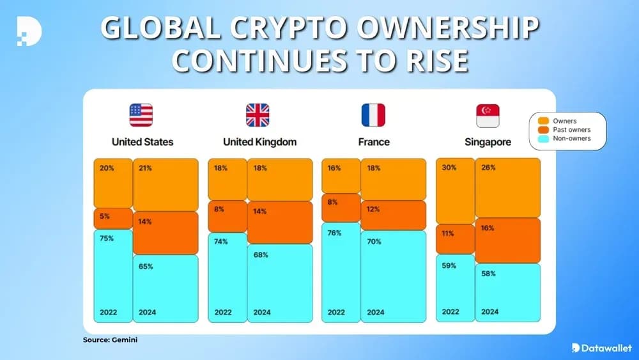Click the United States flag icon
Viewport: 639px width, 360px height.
(x=142, y=115)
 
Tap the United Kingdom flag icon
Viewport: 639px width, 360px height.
(x=258, y=115)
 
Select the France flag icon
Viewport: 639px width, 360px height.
(x=373, y=115)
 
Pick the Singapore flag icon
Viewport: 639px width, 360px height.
(x=488, y=115)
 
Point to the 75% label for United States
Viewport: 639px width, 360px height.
(x=107, y=238)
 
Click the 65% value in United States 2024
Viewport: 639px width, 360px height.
(x=146, y=266)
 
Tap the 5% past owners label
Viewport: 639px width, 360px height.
(x=105, y=216)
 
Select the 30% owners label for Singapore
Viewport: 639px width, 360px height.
(x=449, y=168)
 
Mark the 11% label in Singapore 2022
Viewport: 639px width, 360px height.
(x=448, y=233)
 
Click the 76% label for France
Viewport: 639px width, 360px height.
(x=334, y=233)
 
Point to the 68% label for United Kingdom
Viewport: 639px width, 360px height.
(x=261, y=254)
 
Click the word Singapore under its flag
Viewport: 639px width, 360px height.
(x=488, y=142)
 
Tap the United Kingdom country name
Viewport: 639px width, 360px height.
(x=259, y=142)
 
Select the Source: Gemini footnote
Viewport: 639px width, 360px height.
(x=110, y=340)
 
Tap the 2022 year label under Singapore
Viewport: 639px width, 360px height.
(x=450, y=311)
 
